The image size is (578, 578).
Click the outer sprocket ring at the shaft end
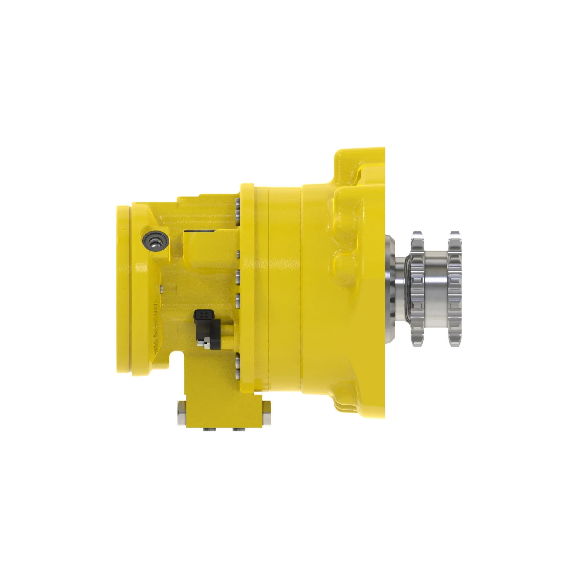tap(454, 289)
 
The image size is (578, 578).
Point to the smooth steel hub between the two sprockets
tap(436, 289)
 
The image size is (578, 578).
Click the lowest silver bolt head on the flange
tap(238, 373)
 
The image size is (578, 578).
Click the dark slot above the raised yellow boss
tap(201, 231)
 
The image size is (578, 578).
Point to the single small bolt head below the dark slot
tap(238, 254)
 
